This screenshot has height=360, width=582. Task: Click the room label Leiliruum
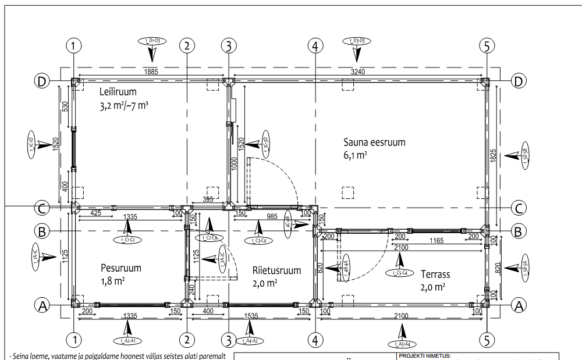(118, 91)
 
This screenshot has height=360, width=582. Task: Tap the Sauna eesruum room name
(374, 142)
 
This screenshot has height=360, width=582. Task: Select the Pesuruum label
(120, 268)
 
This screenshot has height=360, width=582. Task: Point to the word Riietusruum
(276, 270)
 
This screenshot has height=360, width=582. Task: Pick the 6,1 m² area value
(355, 155)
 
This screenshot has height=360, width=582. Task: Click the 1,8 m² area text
(112, 281)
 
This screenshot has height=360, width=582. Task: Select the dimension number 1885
(151, 72)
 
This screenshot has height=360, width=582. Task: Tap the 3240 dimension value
(359, 72)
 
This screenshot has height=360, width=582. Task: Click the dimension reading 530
(65, 107)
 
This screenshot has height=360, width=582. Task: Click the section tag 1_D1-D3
(152, 41)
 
